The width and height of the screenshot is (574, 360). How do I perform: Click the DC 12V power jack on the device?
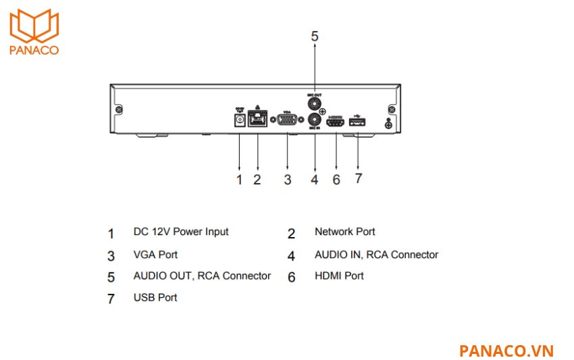coord(238,120)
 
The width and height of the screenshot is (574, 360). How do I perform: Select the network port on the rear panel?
coord(257,120)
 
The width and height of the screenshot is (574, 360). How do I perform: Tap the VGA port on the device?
coord(287,120)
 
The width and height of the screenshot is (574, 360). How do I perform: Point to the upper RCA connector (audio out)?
coord(315,104)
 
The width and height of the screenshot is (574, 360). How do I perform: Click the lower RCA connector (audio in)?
coord(315,121)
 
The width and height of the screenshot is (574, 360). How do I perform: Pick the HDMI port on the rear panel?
coord(336,122)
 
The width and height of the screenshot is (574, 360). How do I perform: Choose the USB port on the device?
coord(357,122)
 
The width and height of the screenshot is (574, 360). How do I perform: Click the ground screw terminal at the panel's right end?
coord(388,124)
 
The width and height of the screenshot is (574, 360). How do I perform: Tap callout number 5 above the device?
coord(315,36)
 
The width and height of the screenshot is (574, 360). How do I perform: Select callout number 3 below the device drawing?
coord(287,179)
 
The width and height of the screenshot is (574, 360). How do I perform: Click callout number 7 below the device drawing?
coord(359,178)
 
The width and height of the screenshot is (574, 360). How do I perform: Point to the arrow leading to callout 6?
coord(336,152)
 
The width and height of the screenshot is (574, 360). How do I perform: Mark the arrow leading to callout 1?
coord(238,152)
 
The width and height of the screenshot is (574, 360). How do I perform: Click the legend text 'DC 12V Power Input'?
coord(181,232)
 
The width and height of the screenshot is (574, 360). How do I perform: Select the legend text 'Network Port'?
coord(344,232)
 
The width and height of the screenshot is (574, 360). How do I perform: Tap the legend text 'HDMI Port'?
coord(339,276)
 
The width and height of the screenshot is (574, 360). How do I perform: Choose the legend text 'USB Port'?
coord(155,297)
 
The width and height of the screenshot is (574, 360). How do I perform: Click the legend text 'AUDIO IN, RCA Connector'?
coord(376,255)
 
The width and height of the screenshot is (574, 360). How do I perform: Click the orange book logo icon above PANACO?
coord(34,26)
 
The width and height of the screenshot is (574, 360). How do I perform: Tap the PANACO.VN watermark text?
coord(506,351)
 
